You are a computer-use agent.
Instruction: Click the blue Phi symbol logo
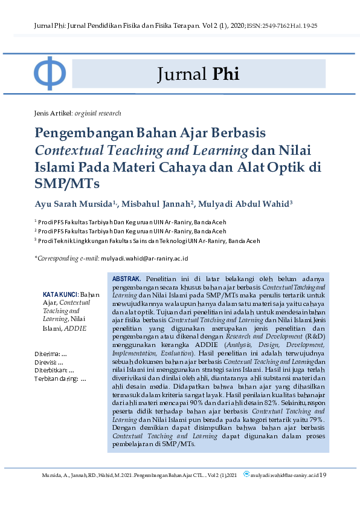tap(50, 73)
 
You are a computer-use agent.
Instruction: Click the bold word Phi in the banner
tap(226, 74)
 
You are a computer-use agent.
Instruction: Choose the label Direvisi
tap(47, 361)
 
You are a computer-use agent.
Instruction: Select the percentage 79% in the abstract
tap(316, 418)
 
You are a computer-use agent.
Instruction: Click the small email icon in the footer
tap(246, 475)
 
